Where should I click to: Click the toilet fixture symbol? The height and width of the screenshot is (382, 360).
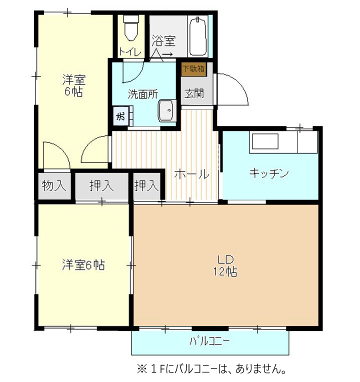(131, 28)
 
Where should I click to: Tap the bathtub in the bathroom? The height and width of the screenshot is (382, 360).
(198, 36)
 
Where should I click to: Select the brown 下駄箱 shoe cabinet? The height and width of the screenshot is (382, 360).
(194, 69)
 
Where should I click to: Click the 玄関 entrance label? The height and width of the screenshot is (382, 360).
(194, 93)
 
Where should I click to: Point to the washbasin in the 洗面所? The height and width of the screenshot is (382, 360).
(167, 111)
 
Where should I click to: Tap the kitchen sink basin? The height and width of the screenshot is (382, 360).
(265, 141)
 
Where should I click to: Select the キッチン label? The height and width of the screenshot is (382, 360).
(269, 173)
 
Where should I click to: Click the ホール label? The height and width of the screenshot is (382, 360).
(192, 174)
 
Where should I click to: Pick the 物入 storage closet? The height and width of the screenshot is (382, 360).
(54, 186)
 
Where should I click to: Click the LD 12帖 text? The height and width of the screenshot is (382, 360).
(225, 266)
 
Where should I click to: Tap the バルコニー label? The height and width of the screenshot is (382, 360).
(209, 341)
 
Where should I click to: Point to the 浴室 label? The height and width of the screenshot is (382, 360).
(163, 41)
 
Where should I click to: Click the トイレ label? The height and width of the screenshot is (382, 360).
(130, 52)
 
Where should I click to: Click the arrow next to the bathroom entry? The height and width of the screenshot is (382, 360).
(168, 54)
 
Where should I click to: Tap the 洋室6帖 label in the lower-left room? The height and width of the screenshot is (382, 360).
(83, 265)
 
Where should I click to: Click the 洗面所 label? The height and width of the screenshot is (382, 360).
(143, 94)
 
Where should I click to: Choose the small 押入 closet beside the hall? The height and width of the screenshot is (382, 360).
(146, 186)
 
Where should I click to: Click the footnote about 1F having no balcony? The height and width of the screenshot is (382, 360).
(211, 369)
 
